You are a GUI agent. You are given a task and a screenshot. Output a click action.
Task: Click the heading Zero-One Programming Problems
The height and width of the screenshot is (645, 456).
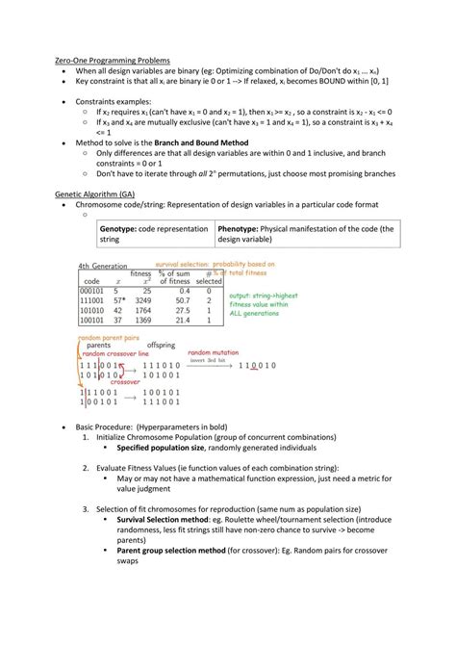click(113, 60)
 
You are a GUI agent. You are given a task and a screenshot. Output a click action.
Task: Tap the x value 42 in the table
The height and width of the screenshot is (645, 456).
click(117, 311)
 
